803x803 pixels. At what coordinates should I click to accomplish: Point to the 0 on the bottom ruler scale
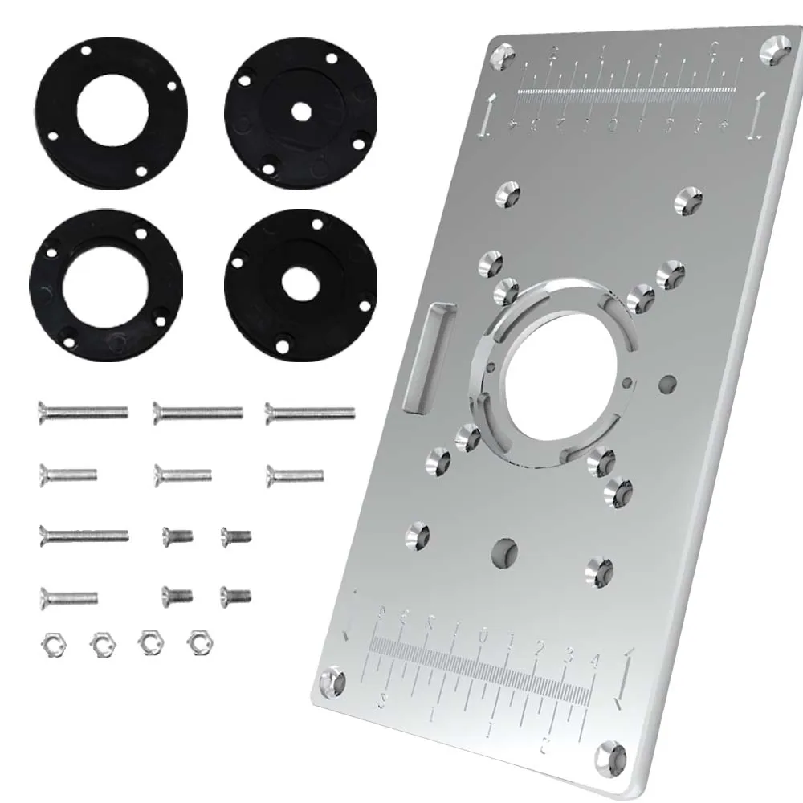click(x=483, y=636)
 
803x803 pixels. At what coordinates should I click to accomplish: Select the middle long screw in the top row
click(x=198, y=413)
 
